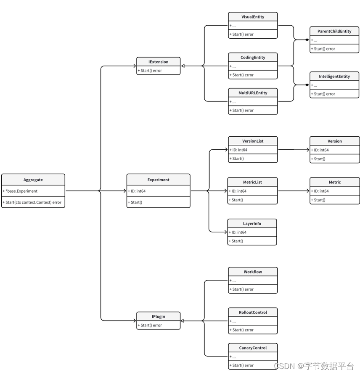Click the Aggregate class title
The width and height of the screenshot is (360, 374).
click(x=33, y=180)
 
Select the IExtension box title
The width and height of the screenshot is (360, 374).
click(x=158, y=62)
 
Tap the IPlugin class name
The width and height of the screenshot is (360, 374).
click(x=158, y=316)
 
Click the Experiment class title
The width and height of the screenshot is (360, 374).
click(x=158, y=180)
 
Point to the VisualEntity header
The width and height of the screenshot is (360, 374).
click(x=253, y=17)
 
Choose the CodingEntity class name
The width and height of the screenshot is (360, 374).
click(x=253, y=57)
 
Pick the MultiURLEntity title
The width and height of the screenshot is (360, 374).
click(x=253, y=93)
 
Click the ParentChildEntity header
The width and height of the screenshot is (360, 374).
click(x=334, y=31)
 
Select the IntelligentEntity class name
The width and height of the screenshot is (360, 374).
click(x=334, y=76)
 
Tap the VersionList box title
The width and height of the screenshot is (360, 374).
click(x=253, y=141)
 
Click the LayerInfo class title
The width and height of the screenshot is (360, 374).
click(x=252, y=223)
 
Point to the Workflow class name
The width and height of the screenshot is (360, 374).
click(x=253, y=272)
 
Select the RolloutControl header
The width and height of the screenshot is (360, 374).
click(x=253, y=312)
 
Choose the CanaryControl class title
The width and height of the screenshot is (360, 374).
click(x=253, y=347)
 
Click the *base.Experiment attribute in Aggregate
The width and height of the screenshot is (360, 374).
click(x=22, y=191)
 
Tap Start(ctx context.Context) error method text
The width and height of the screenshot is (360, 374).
click(x=33, y=202)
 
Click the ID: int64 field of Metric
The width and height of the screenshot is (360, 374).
click(x=321, y=191)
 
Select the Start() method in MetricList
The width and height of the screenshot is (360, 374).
click(x=237, y=200)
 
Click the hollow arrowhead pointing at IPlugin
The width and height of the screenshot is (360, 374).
click(x=183, y=321)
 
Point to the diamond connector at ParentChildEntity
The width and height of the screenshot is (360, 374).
click(x=307, y=40)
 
